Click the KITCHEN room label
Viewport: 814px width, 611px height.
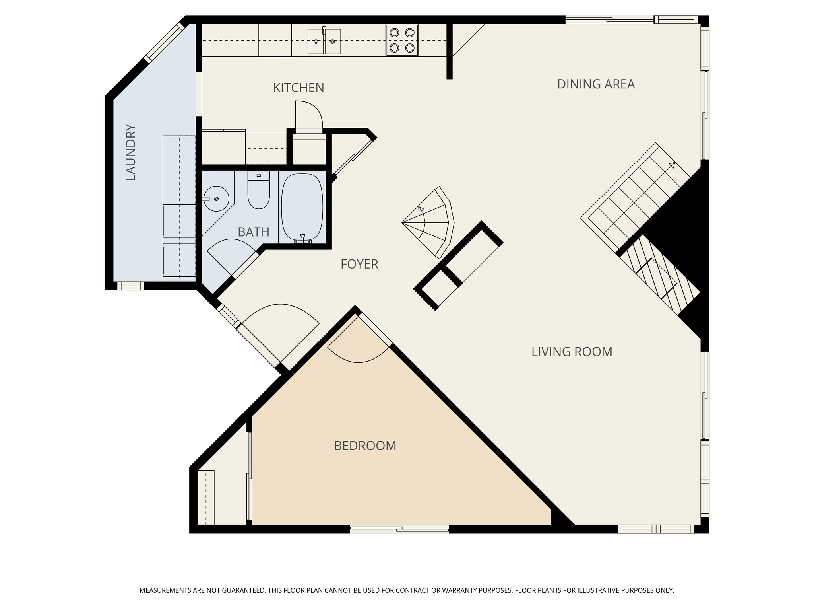298,88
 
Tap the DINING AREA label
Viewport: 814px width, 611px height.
595,84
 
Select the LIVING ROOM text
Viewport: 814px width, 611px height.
572,352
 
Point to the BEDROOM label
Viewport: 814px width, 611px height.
365,446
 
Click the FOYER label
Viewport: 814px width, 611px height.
359,264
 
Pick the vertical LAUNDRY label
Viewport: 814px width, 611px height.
131,152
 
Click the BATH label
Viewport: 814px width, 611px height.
253,232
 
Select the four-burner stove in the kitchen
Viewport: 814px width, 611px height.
402,40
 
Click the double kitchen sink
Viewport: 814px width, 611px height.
324,41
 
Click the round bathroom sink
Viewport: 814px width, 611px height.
217,198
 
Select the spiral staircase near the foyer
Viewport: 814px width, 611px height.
431,223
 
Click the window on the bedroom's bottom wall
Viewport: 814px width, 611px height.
399,529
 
